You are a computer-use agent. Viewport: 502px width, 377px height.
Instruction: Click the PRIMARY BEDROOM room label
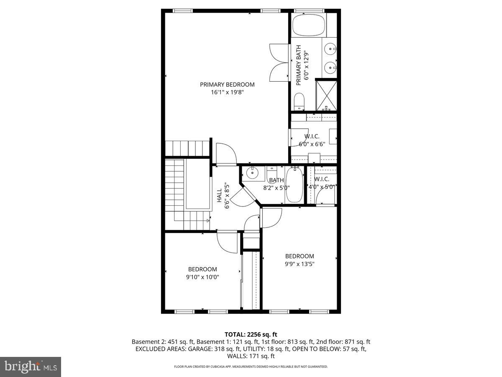(x=227, y=84)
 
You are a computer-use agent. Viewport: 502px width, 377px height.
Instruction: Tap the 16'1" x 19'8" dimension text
(x=227, y=92)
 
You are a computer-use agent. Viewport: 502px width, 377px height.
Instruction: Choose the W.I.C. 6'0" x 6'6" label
(x=312, y=140)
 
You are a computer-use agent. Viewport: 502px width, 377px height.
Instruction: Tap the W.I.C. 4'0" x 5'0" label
(x=322, y=183)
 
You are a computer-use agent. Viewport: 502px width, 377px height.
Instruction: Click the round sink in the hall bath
(x=252, y=172)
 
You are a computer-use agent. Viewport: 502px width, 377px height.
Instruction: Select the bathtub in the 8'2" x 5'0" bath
(x=295, y=184)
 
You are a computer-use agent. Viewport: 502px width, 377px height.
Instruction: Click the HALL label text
(x=220, y=195)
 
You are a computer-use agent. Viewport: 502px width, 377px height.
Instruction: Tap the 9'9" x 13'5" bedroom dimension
(x=300, y=264)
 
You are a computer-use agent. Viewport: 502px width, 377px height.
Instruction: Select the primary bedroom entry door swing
(x=226, y=153)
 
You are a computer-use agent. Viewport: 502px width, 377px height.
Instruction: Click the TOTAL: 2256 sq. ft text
(x=251, y=334)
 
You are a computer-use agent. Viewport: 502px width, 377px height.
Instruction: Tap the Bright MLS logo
(x=31, y=367)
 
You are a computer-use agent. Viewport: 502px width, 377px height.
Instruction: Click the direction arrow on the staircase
(x=208, y=220)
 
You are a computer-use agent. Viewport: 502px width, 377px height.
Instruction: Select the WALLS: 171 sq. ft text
(x=251, y=356)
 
